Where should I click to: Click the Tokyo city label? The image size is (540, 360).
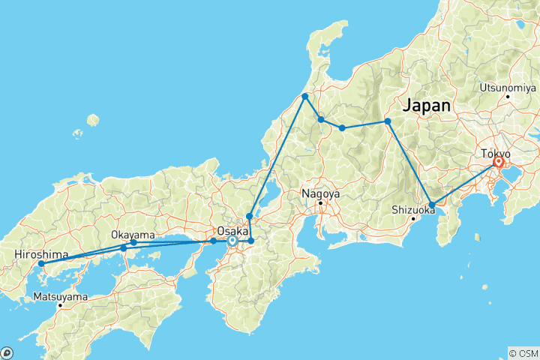(x=496, y=153)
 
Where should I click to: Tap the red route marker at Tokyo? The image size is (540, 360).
(x=498, y=162)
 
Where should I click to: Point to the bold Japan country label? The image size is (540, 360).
(x=427, y=106)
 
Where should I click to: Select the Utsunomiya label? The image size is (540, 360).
(x=508, y=87)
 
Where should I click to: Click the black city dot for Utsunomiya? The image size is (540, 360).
(x=508, y=96)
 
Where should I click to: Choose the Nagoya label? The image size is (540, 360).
(x=321, y=193)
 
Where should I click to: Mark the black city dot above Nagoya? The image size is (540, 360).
(x=320, y=202)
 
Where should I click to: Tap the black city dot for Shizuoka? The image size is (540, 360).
(x=413, y=219)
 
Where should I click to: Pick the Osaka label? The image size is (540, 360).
(x=231, y=231)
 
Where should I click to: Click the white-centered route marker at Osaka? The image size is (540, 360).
(x=232, y=241)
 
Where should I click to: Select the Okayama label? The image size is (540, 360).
(x=133, y=234)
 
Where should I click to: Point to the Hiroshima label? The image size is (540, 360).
(x=37, y=255)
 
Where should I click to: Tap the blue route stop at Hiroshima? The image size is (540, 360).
(x=41, y=263)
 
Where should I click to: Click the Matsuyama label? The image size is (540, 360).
(x=61, y=297)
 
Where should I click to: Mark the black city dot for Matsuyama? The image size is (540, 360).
(x=60, y=305)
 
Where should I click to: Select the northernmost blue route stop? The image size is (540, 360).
(x=305, y=97)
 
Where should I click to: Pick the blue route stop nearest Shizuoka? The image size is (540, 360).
(x=432, y=204)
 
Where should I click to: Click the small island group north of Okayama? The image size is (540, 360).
(x=93, y=120)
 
